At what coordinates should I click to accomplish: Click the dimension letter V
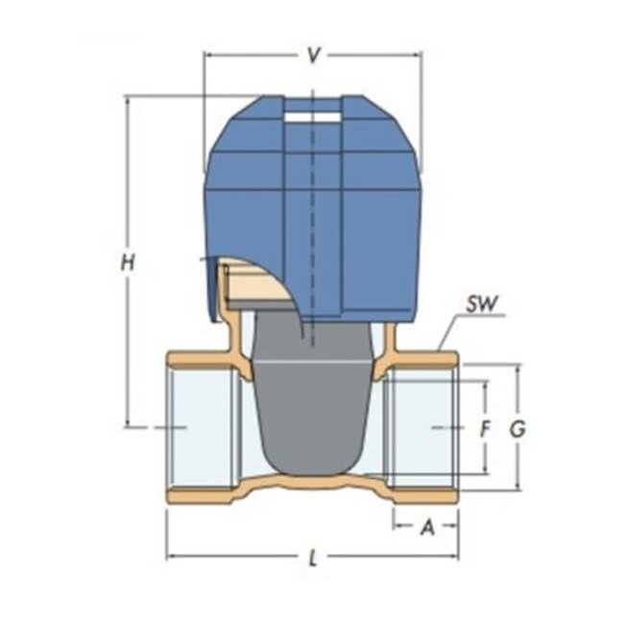pyautogui.click(x=312, y=57)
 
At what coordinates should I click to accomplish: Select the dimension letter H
pyautogui.click(x=127, y=261)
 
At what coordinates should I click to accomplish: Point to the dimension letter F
pyautogui.click(x=485, y=429)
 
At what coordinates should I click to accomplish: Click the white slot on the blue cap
pyautogui.click(x=313, y=119)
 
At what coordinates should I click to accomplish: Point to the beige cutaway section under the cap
pyautogui.click(x=248, y=280)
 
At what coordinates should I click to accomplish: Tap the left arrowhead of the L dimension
pyautogui.click(x=172, y=557)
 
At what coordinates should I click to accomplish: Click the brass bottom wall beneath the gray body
pyautogui.click(x=312, y=482)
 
